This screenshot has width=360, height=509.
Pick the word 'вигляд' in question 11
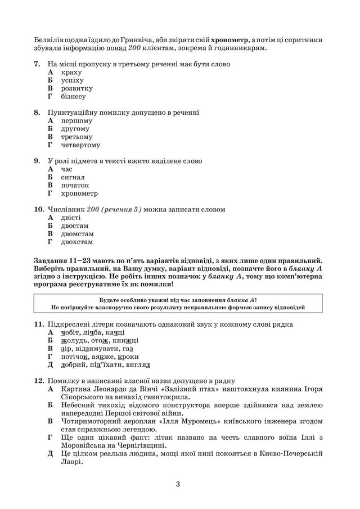138,364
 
